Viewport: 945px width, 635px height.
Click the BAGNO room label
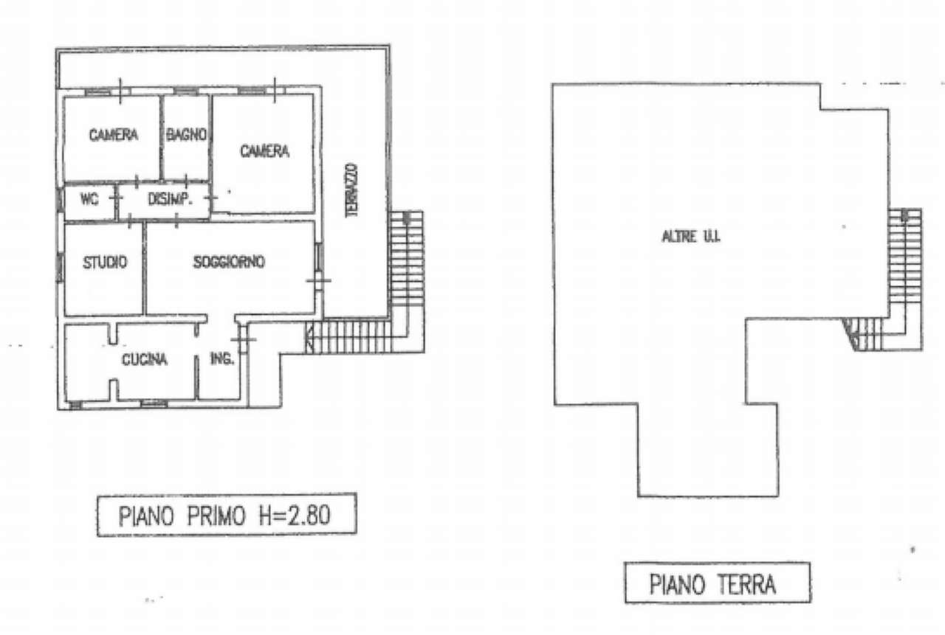coord(187,135)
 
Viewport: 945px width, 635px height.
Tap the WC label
coord(89,199)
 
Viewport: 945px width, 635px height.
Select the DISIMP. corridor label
coord(170,199)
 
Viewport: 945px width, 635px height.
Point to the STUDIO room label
coord(105,262)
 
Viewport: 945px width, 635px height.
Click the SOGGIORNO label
coord(229,262)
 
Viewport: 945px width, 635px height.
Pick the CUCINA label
coord(144,359)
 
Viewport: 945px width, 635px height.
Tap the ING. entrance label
coord(221,358)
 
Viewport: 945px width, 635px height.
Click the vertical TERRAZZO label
coord(351,190)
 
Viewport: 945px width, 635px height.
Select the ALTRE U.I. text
coord(691,237)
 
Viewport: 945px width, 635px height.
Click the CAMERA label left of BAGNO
coord(114,135)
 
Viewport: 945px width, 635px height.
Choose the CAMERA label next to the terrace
coord(264,151)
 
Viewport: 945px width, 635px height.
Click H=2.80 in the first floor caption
coord(295,516)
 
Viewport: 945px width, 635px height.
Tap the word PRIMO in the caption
coord(216,516)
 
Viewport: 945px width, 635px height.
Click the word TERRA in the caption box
coord(746,584)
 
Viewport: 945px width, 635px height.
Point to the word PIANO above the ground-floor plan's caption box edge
coord(677,584)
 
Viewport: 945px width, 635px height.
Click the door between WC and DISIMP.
coord(116,198)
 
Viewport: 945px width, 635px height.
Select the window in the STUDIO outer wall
coord(60,266)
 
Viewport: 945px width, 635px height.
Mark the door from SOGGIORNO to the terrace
coord(318,281)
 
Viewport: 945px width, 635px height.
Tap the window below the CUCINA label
coord(154,404)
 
